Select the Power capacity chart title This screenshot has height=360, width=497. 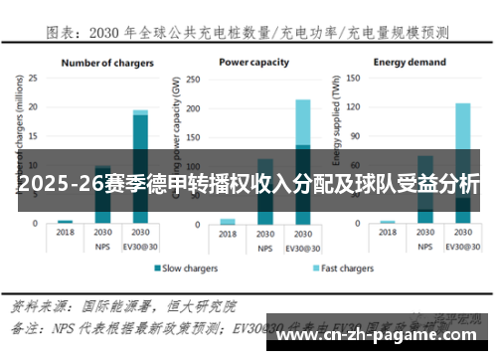255,63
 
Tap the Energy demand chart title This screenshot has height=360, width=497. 410,63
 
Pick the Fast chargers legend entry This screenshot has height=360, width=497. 344,269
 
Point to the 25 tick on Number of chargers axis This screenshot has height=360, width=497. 34,77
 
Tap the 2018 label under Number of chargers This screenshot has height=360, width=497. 66,232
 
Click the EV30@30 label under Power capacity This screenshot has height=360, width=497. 303,245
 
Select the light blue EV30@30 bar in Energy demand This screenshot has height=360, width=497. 462,149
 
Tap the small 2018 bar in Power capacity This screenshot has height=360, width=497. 228,222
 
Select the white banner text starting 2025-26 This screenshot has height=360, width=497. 248,184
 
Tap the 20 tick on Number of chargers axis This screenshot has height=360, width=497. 34,105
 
